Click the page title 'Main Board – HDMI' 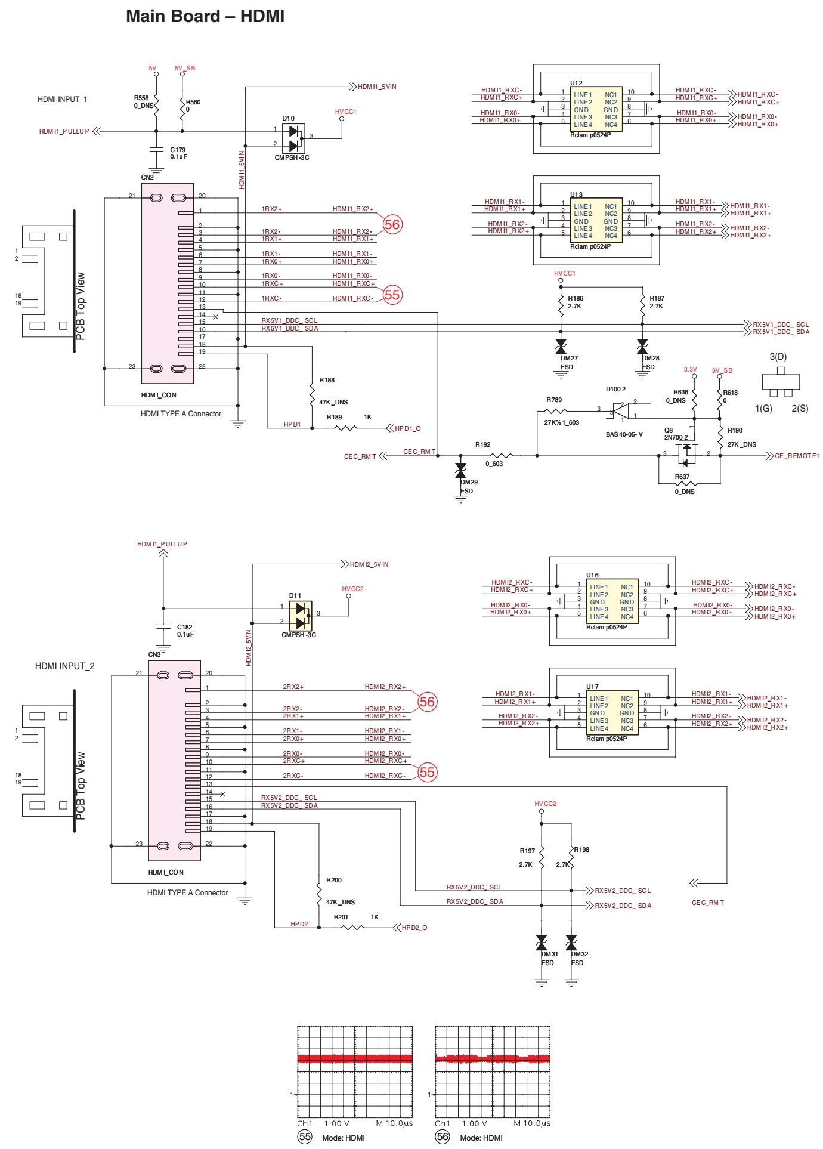205,16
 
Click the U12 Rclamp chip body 596,110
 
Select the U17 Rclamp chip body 612,714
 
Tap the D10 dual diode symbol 293,138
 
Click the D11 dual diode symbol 300,616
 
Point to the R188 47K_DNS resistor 312,393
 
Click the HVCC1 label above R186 564,274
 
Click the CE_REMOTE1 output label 797,456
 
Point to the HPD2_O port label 414,928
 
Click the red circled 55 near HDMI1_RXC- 392,295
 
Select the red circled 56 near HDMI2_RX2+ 427,702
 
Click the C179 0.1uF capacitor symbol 156,150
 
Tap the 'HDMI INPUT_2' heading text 64,666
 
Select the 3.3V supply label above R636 690,370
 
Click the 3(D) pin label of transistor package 778,357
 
